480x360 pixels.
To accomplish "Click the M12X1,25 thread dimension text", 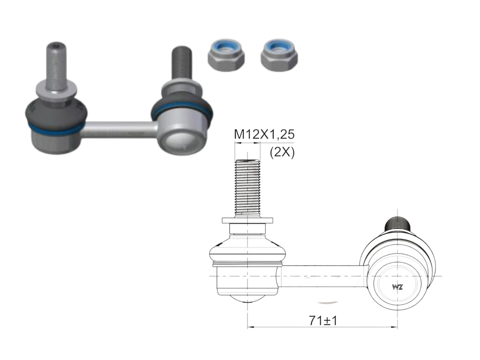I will (x=264, y=135).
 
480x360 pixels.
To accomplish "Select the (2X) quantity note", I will (x=282, y=152).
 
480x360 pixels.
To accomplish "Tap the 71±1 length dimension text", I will (x=323, y=321).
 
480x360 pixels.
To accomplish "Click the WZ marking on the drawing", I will (x=397, y=287).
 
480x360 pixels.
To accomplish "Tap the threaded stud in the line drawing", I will (x=247, y=187).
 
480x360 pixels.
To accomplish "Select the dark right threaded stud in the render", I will (x=181, y=63).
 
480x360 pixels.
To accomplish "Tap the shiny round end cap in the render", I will (x=180, y=141).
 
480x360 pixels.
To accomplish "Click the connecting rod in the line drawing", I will (x=323, y=276).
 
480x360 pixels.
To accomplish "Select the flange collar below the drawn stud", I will (x=247, y=220).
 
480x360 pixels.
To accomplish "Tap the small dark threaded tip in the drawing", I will (x=397, y=225).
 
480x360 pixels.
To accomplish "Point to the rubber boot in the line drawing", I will (x=247, y=251).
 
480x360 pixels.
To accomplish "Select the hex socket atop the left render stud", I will (x=56, y=45).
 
